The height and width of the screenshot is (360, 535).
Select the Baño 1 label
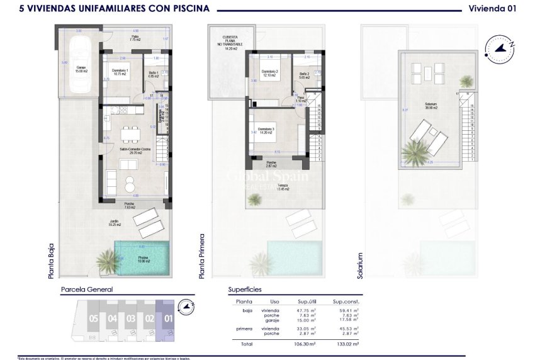pyautogui.click(x=153, y=74)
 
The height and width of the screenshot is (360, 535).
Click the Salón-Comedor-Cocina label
pyautogui.click(x=132, y=151)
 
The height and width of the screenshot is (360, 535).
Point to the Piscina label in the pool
pyautogui.click(x=143, y=259)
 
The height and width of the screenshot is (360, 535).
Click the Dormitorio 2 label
pyautogui.click(x=269, y=72)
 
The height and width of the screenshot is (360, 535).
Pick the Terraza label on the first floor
pyautogui.click(x=283, y=186)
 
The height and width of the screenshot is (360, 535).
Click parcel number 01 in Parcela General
pyautogui.click(x=168, y=318)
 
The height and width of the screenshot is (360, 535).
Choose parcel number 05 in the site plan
pyautogui.click(x=93, y=318)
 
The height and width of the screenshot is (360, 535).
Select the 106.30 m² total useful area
pyautogui.click(x=305, y=344)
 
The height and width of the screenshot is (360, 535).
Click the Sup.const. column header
pyautogui.click(x=346, y=301)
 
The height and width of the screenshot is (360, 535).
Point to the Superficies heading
pyautogui.click(x=245, y=290)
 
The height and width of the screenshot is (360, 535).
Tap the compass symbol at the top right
pyautogui.click(x=500, y=48)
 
